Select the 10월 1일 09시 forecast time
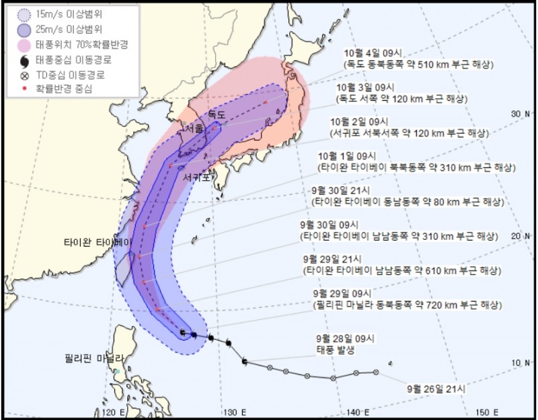tap(352, 156)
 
